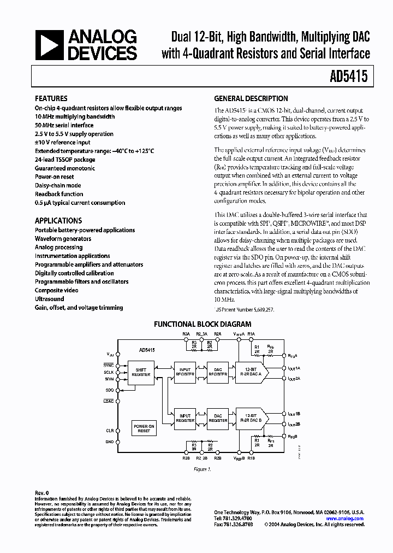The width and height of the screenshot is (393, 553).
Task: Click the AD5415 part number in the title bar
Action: tap(352, 77)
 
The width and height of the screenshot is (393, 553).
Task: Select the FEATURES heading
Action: tap(51, 99)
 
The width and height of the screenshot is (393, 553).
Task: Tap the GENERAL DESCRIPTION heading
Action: tap(251, 99)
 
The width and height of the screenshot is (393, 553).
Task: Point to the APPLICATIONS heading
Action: tap(58, 221)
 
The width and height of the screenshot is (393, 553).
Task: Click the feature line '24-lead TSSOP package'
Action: tap(64, 160)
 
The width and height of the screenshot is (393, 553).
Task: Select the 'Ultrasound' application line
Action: tap(50, 299)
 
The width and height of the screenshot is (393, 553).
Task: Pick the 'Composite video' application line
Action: tap(57, 291)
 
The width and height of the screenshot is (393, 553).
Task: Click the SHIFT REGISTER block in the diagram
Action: tap(141, 372)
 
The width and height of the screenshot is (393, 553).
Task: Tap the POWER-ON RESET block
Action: tap(144, 428)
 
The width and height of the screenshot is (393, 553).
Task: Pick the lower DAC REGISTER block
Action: tap(218, 418)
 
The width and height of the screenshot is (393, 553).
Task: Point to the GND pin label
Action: tap(110, 442)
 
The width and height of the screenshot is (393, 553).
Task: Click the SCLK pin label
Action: tap(109, 372)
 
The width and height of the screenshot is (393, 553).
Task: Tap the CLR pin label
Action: tap(110, 431)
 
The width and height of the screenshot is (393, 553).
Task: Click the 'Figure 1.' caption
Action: tap(202, 469)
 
